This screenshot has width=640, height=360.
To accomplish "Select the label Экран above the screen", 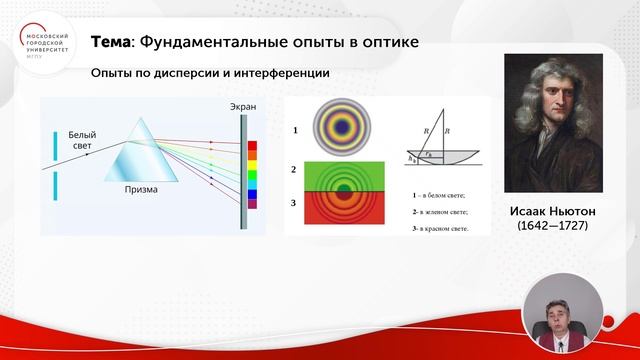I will tap(243, 106).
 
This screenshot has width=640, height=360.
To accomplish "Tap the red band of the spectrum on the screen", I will tap(252, 146).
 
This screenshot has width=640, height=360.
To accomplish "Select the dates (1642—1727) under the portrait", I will tap(551, 227).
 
